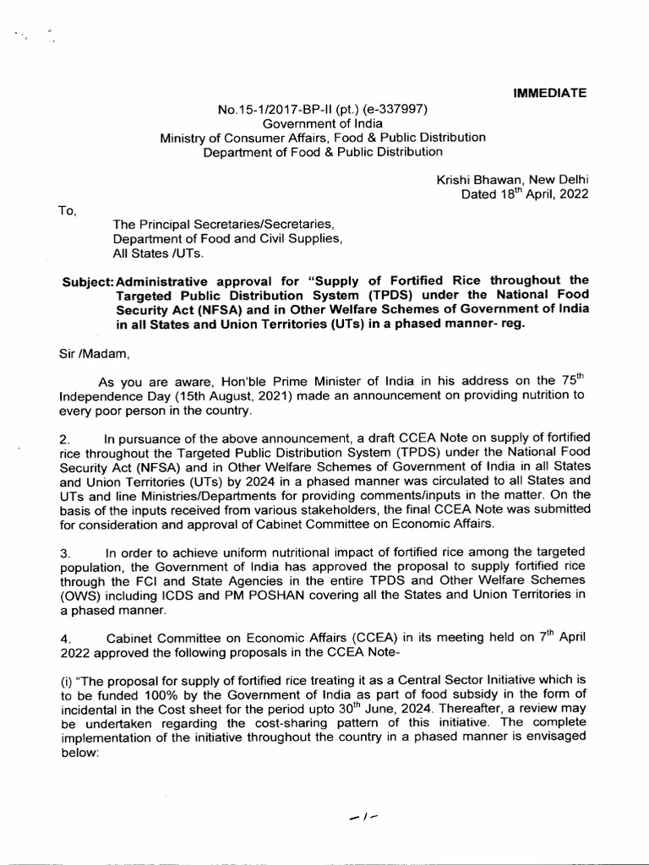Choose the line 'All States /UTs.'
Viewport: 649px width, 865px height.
point(158,253)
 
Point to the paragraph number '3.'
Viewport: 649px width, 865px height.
point(65,552)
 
